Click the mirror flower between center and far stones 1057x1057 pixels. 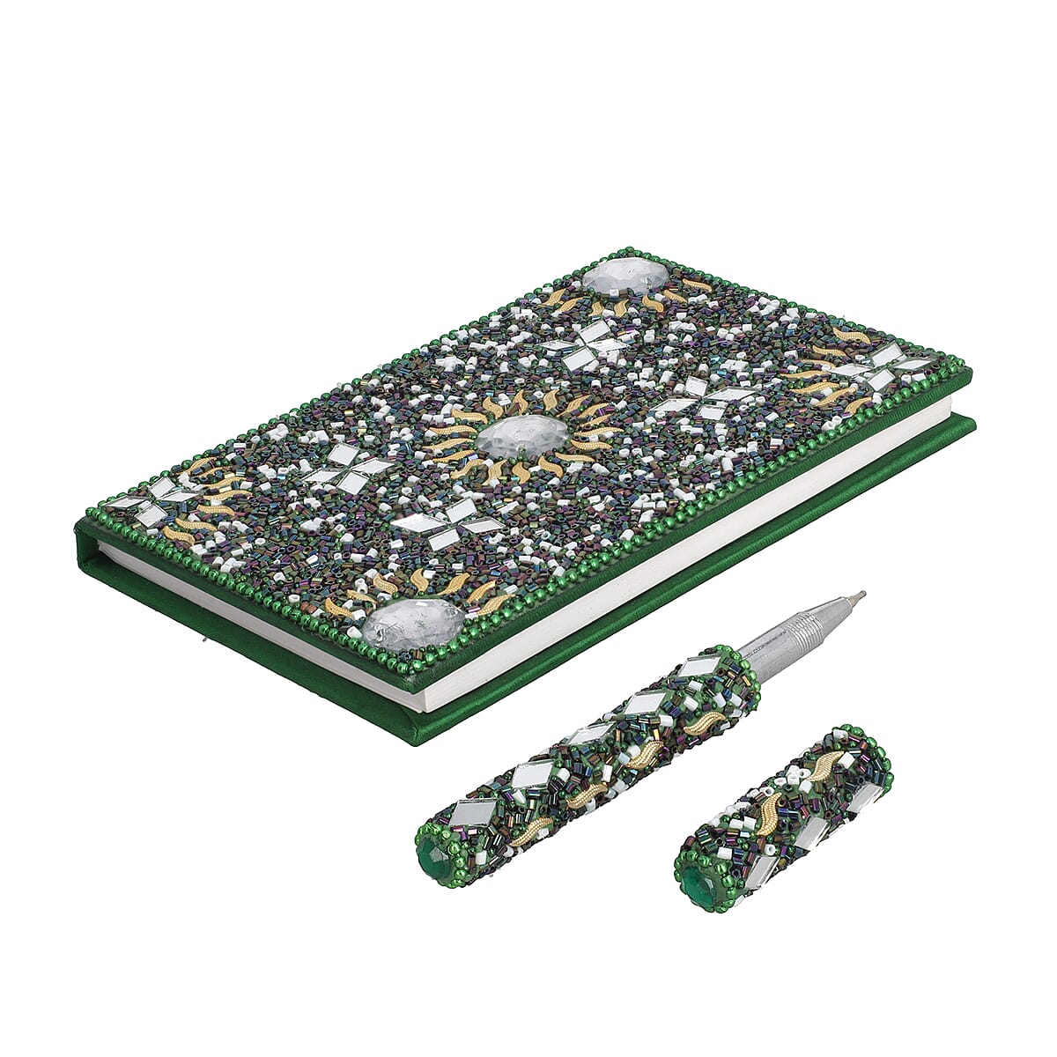coord(588,341)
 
